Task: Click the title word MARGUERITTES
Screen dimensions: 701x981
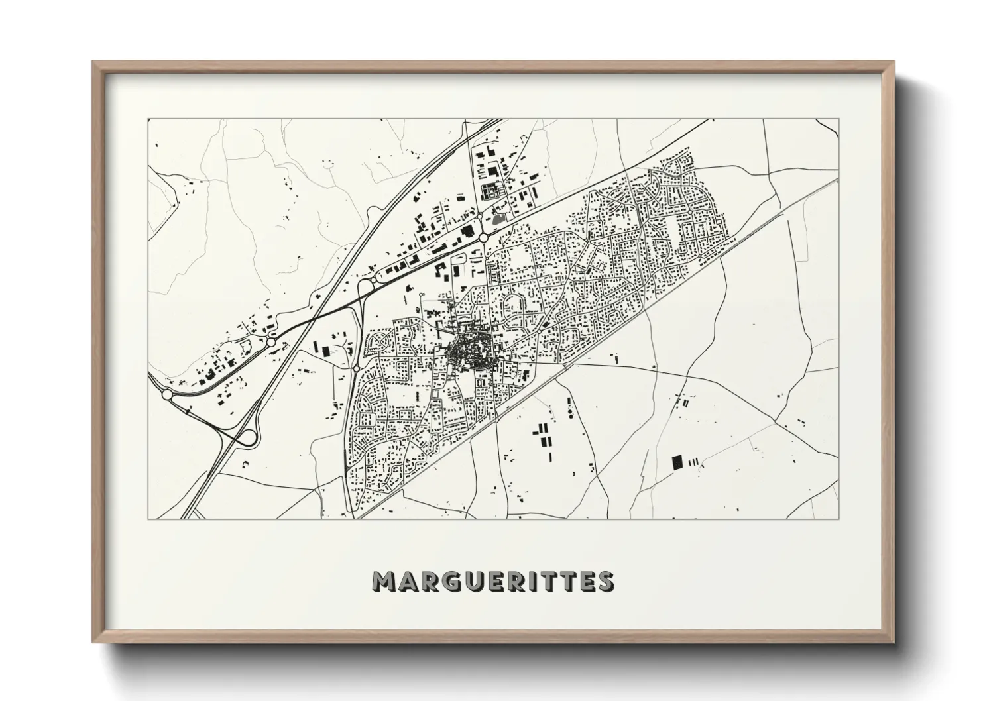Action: (x=493, y=581)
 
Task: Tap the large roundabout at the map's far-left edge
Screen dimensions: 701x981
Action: (x=166, y=394)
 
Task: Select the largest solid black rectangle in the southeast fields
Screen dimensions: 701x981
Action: (x=677, y=461)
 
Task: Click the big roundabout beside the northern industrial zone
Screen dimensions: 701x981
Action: (x=483, y=237)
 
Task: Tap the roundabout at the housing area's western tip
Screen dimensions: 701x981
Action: (x=357, y=368)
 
